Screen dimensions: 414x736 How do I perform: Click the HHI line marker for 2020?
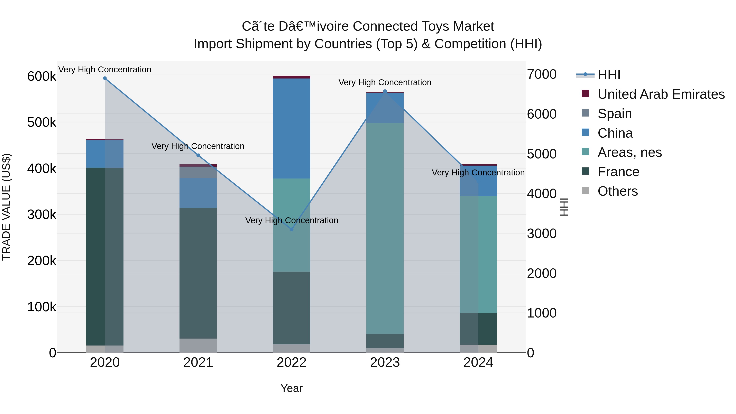tap(105, 78)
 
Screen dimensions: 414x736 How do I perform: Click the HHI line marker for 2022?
tap(291, 229)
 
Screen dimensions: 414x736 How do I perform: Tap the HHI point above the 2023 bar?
tap(385, 91)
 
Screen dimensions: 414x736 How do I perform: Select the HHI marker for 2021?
tap(198, 155)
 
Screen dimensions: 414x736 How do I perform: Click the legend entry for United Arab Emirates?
tap(661, 94)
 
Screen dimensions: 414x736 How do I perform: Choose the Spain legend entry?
tap(614, 114)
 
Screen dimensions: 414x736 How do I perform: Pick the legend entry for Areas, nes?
tap(629, 152)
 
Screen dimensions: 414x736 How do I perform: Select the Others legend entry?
tap(617, 191)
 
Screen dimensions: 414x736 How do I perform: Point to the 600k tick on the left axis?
tap(42, 77)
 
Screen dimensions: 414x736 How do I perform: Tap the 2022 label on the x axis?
tap(291, 362)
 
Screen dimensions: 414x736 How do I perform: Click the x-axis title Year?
tap(291, 388)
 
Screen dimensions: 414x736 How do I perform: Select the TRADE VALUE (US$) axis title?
tap(7, 207)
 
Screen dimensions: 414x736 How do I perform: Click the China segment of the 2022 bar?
tap(291, 129)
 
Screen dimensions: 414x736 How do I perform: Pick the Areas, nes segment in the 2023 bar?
tap(385, 229)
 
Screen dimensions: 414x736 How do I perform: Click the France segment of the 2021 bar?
tap(198, 273)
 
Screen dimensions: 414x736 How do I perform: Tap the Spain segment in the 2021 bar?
tap(198, 172)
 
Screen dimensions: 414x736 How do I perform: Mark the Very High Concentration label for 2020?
tap(105, 70)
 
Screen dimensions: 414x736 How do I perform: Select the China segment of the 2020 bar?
tap(105, 154)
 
